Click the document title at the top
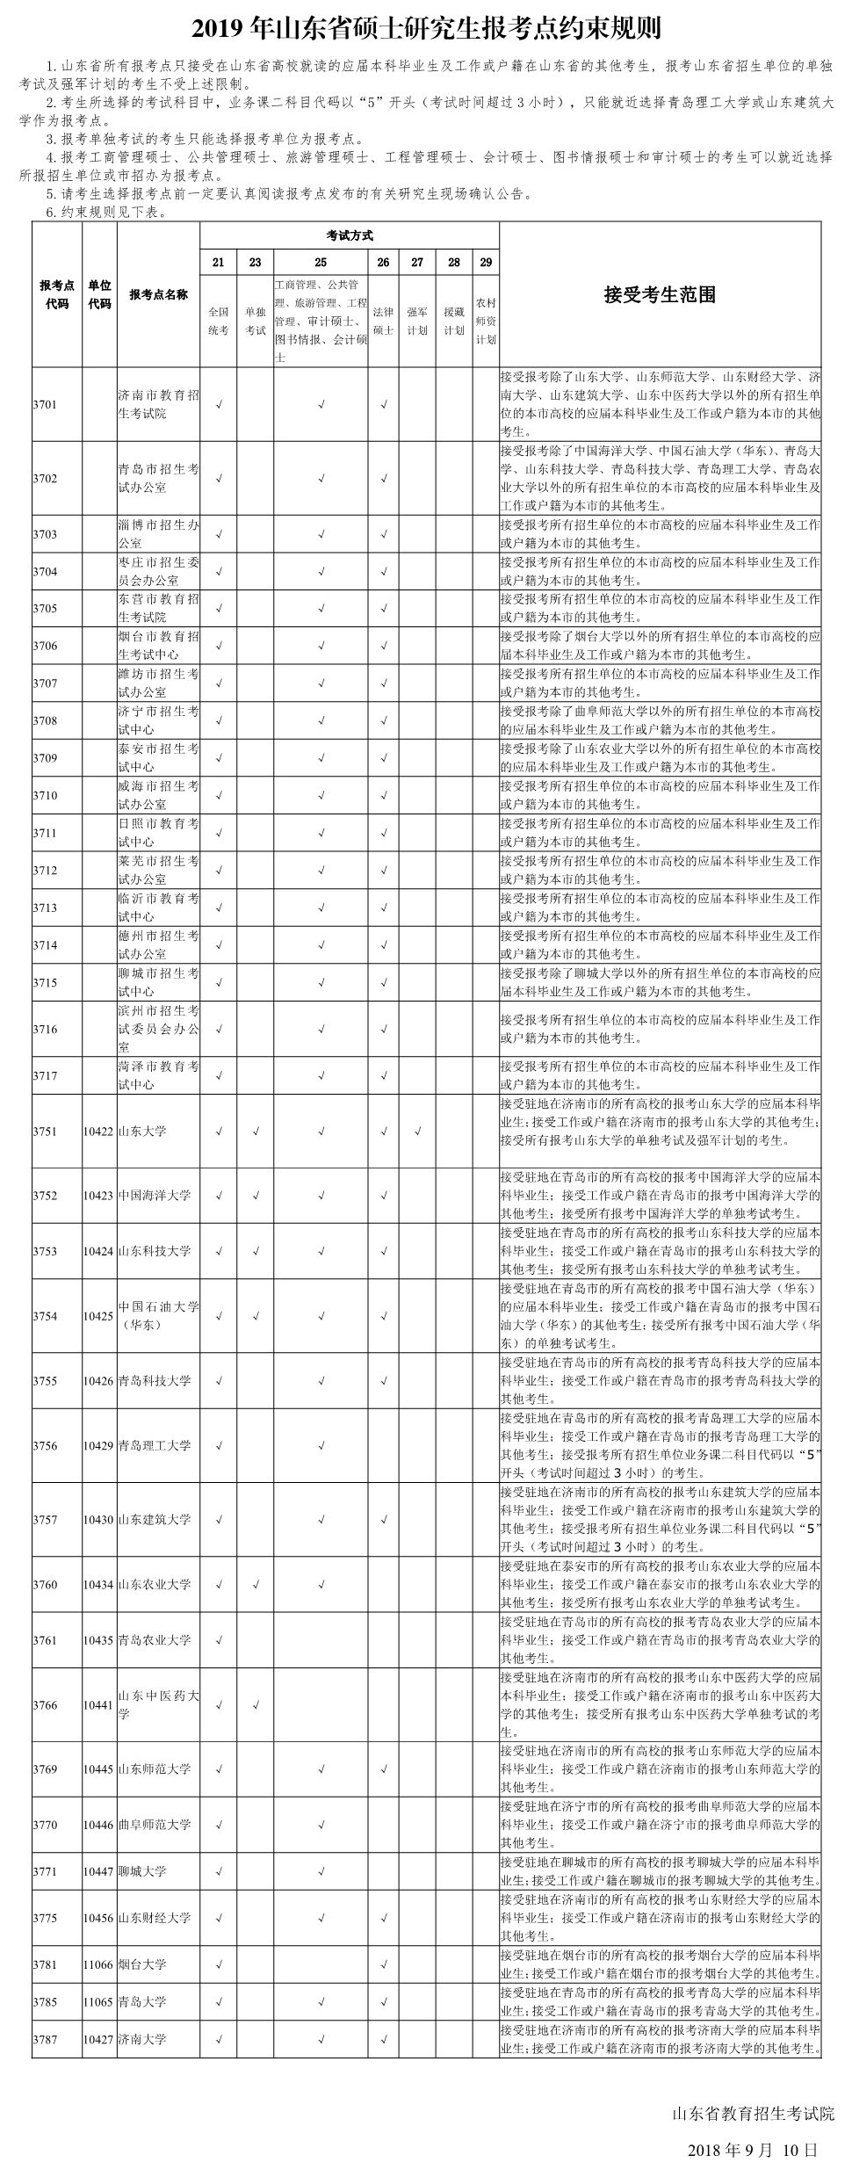tap(426, 30)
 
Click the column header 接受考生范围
tap(660, 295)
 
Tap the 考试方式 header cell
tap(350, 235)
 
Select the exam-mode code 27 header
tap(417, 262)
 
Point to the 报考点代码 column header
tap(57, 295)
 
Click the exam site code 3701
tap(45, 405)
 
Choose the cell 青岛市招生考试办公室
tap(158, 479)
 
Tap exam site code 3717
tap(45, 1075)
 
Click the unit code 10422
tap(98, 1132)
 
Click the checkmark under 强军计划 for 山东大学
tap(417, 1132)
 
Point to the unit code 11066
tap(98, 1964)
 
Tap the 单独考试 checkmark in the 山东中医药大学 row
tap(255, 1705)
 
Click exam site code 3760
tap(45, 1585)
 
